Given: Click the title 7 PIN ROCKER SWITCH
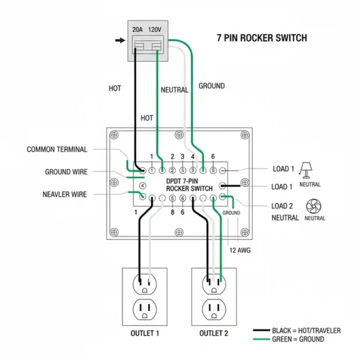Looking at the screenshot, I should pyautogui.click(x=262, y=38).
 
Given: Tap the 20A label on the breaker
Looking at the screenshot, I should pyautogui.click(x=137, y=29).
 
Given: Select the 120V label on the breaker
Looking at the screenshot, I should pyautogui.click(x=155, y=29).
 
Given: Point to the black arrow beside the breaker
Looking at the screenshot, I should pyautogui.click(x=120, y=40).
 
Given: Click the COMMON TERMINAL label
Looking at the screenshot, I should pyautogui.click(x=57, y=150).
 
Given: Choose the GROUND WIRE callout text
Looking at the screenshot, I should pyautogui.click(x=66, y=172).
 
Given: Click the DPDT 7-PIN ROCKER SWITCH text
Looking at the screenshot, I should pyautogui.click(x=189, y=184).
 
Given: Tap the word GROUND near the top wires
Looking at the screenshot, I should pyautogui.click(x=211, y=86).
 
